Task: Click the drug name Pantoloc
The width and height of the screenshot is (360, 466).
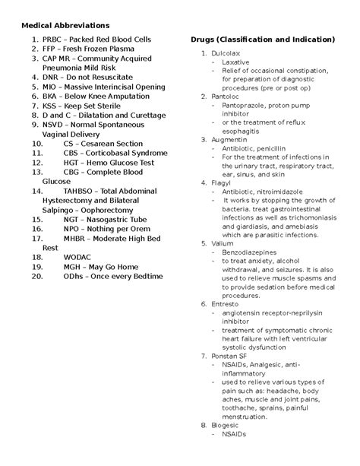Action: tap(226, 97)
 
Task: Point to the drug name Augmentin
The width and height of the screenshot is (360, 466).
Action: tap(229, 140)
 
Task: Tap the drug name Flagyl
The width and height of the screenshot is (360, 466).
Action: tap(222, 182)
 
